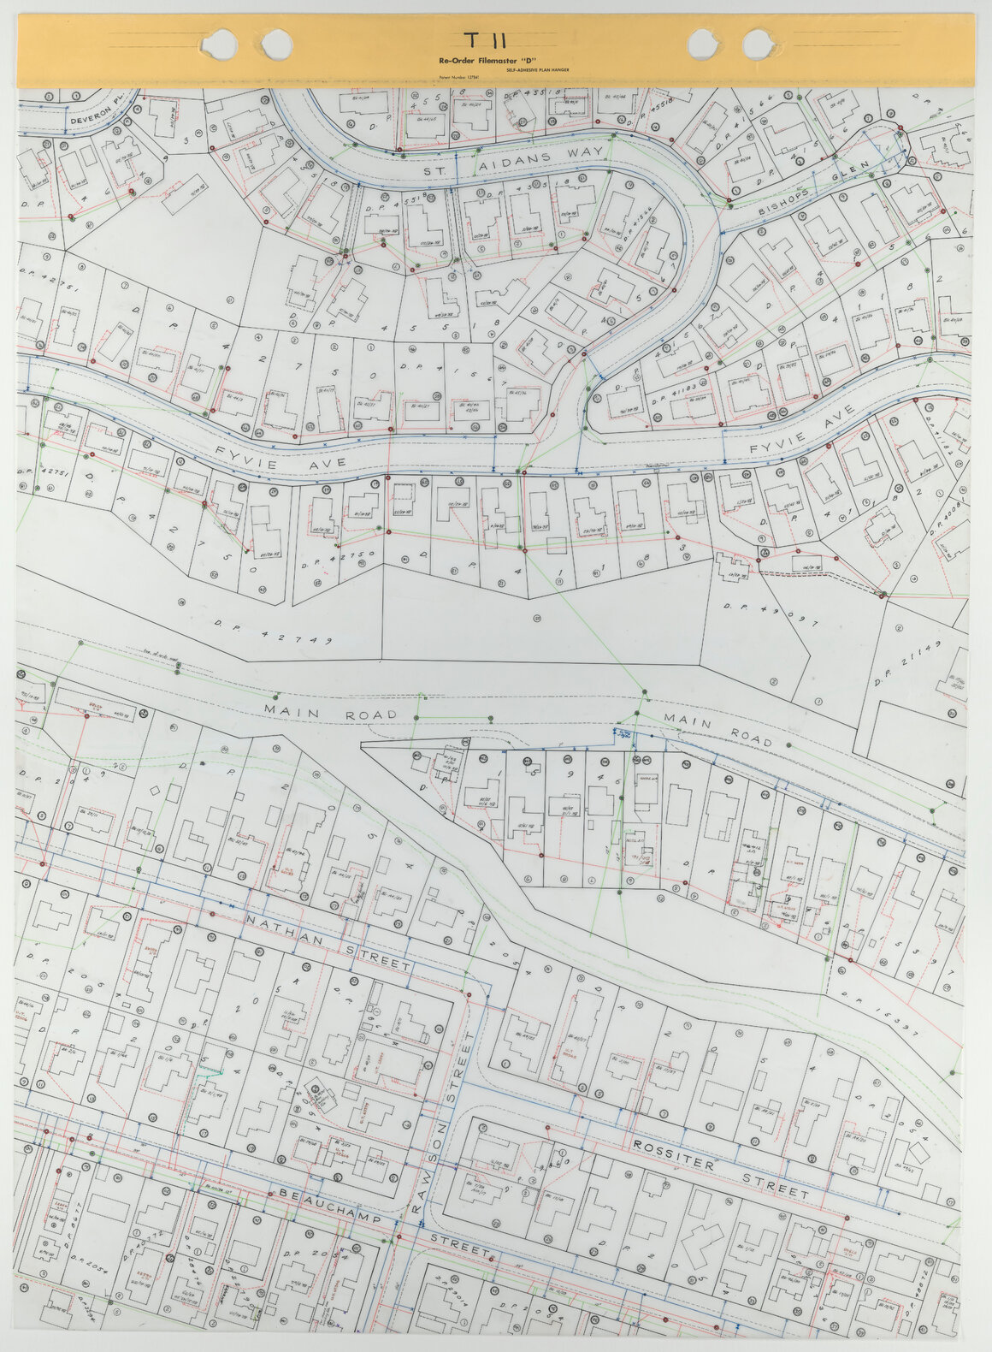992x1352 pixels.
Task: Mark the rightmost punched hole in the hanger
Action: click(758, 41)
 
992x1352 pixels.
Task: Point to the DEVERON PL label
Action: click(103, 115)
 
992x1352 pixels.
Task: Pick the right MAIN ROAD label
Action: click(719, 730)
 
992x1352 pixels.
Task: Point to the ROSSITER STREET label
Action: click(720, 1167)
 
